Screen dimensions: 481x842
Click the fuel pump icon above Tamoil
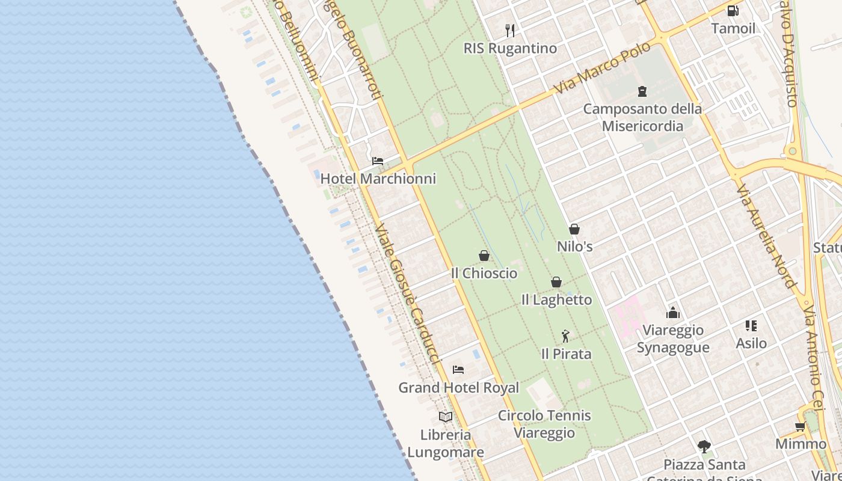click(733, 11)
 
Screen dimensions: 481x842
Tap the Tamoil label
click(733, 28)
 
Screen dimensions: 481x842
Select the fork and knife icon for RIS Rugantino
click(510, 31)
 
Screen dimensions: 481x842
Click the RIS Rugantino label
click(510, 48)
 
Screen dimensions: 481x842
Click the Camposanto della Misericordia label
click(642, 117)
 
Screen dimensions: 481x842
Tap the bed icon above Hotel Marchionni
click(378, 161)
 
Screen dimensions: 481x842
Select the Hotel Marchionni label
click(378, 179)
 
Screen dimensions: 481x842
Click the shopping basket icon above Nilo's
click(574, 229)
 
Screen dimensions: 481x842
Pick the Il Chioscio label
click(484, 273)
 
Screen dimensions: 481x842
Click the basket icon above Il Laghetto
click(556, 282)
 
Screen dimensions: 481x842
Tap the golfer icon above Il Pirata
click(565, 336)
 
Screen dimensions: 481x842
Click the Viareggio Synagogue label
click(672, 339)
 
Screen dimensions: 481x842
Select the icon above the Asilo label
click(751, 326)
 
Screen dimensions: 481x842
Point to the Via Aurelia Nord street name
click(766, 236)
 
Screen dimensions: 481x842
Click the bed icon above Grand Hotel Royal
click(458, 370)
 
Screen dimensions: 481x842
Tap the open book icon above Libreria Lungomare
click(445, 417)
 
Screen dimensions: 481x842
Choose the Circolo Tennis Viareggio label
click(544, 424)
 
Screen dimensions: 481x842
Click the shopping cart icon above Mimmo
click(800, 427)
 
